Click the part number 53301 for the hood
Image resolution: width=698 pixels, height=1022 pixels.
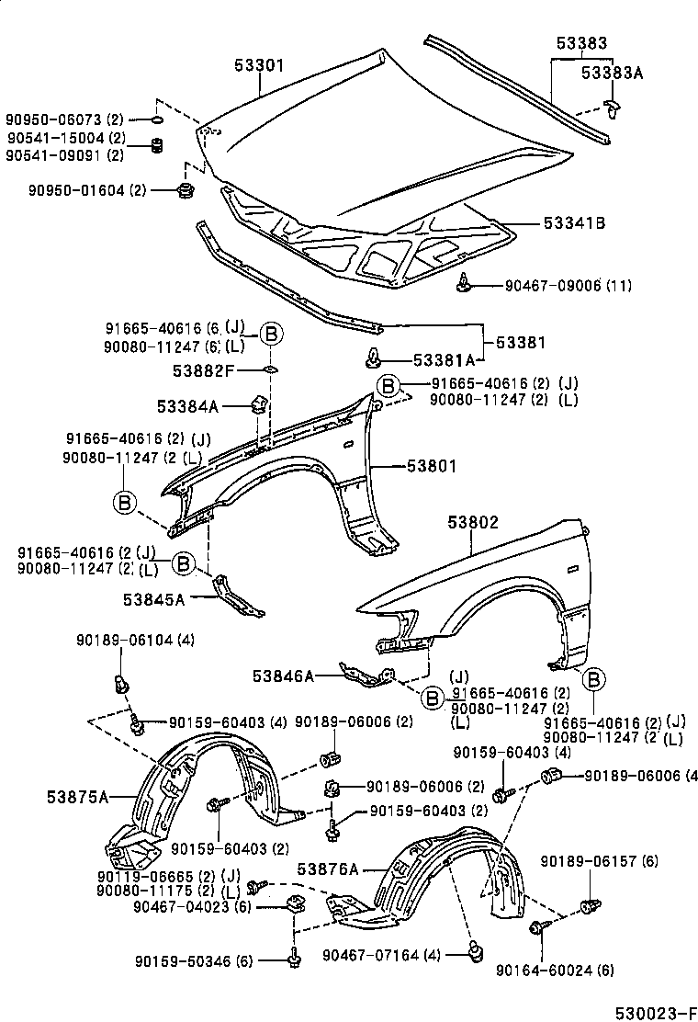pos(258,65)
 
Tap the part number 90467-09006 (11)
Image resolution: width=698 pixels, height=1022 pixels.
pos(568,286)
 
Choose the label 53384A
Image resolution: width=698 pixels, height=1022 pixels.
pos(187,405)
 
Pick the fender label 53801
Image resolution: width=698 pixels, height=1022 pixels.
pos(431,466)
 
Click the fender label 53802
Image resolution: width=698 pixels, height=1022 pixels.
pos(472,522)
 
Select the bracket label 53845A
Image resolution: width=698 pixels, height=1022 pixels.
pos(153,599)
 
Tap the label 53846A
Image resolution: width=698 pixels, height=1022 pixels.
pos(284,676)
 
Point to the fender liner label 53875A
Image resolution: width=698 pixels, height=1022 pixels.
pos(78,796)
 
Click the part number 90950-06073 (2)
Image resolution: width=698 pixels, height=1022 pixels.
pos(64,119)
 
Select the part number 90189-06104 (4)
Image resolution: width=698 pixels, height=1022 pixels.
pos(135,640)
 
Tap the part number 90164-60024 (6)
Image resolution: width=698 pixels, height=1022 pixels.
pos(555,970)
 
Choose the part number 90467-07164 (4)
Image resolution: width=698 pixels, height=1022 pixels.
pos(381,956)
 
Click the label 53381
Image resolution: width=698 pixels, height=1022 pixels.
pos(521,343)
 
